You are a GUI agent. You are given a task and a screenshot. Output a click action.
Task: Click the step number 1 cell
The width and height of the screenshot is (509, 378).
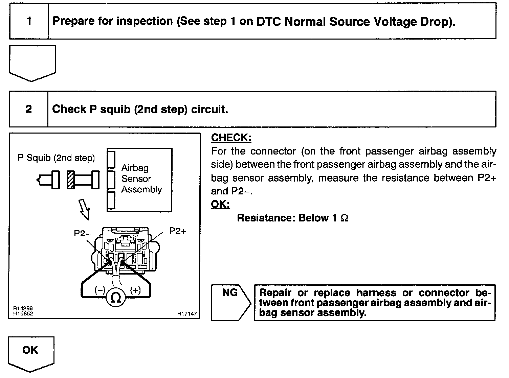pyautogui.click(x=29, y=21)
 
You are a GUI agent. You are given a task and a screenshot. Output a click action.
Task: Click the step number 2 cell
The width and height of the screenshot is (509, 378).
pyautogui.click(x=29, y=109)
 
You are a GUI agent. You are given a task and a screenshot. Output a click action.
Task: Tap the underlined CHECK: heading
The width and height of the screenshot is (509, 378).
pyautogui.click(x=231, y=138)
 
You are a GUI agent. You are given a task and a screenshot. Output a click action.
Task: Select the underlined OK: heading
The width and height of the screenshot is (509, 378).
pyautogui.click(x=220, y=204)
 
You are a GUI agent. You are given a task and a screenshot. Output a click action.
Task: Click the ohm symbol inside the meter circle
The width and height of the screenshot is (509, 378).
pyautogui.click(x=116, y=298)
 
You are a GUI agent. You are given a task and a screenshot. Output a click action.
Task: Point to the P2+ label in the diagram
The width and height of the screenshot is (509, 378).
pyautogui.click(x=178, y=231)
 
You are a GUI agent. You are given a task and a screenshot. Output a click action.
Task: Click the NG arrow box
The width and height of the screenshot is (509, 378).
pyautogui.click(x=230, y=302)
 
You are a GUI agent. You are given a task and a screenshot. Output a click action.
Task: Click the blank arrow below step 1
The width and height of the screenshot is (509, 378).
pyautogui.click(x=32, y=62)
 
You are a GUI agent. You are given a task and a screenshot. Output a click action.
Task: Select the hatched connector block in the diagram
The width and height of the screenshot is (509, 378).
pyautogui.click(x=71, y=180)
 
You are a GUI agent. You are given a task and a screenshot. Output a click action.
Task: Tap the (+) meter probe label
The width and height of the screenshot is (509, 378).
pyautogui.click(x=135, y=290)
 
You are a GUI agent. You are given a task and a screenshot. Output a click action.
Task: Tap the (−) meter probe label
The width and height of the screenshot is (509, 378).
pyautogui.click(x=100, y=290)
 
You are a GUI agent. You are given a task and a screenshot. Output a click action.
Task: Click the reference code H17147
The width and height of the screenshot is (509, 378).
pyautogui.click(x=187, y=314)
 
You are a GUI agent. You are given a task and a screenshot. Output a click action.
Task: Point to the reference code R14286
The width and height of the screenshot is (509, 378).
pyautogui.click(x=23, y=309)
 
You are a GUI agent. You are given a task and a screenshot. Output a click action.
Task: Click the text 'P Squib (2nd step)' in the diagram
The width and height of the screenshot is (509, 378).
pyautogui.click(x=56, y=158)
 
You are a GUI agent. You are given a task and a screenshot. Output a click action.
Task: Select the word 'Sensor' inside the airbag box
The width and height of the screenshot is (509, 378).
pyautogui.click(x=136, y=179)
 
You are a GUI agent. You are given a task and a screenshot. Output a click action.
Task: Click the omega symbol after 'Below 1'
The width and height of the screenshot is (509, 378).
pyautogui.click(x=344, y=218)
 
